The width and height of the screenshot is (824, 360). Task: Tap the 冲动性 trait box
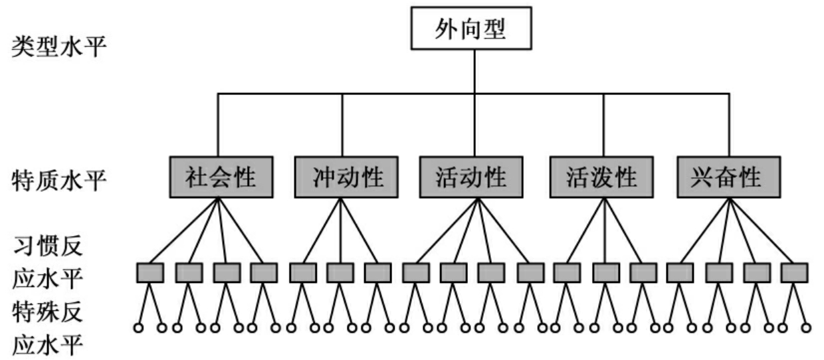[x=346, y=177]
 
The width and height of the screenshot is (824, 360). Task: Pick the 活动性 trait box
[x=471, y=177]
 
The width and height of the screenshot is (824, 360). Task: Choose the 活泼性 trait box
[x=602, y=177]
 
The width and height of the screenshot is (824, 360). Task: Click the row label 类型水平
[x=59, y=48]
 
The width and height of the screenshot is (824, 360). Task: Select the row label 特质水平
[x=59, y=179]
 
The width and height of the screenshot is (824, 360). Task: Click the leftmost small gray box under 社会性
[x=150, y=273]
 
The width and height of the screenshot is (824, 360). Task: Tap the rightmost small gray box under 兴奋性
[x=794, y=273]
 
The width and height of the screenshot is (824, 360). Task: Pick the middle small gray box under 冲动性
[x=340, y=273]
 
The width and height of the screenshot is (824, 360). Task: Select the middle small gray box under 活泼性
[x=605, y=273]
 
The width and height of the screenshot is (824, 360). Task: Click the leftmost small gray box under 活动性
[x=416, y=273]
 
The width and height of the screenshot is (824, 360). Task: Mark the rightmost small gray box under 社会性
[x=264, y=273]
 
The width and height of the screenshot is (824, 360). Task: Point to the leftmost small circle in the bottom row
[x=139, y=327]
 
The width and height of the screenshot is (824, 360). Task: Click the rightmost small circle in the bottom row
[x=806, y=327]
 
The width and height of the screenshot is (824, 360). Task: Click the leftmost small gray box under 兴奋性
[x=680, y=273]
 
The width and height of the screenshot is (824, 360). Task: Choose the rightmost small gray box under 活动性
[x=530, y=273]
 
